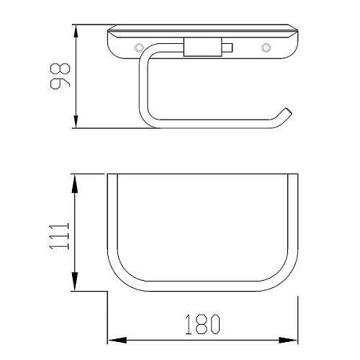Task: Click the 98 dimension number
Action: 60,76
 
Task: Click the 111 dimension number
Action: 59,236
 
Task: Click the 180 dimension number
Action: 203,325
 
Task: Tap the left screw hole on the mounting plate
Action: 139,48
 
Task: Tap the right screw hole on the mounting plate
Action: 266,48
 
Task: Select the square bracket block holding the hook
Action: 203,47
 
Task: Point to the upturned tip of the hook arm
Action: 288,112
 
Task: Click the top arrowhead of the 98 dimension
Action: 76,31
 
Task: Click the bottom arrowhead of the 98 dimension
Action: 76,122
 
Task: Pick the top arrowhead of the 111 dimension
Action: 75,184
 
